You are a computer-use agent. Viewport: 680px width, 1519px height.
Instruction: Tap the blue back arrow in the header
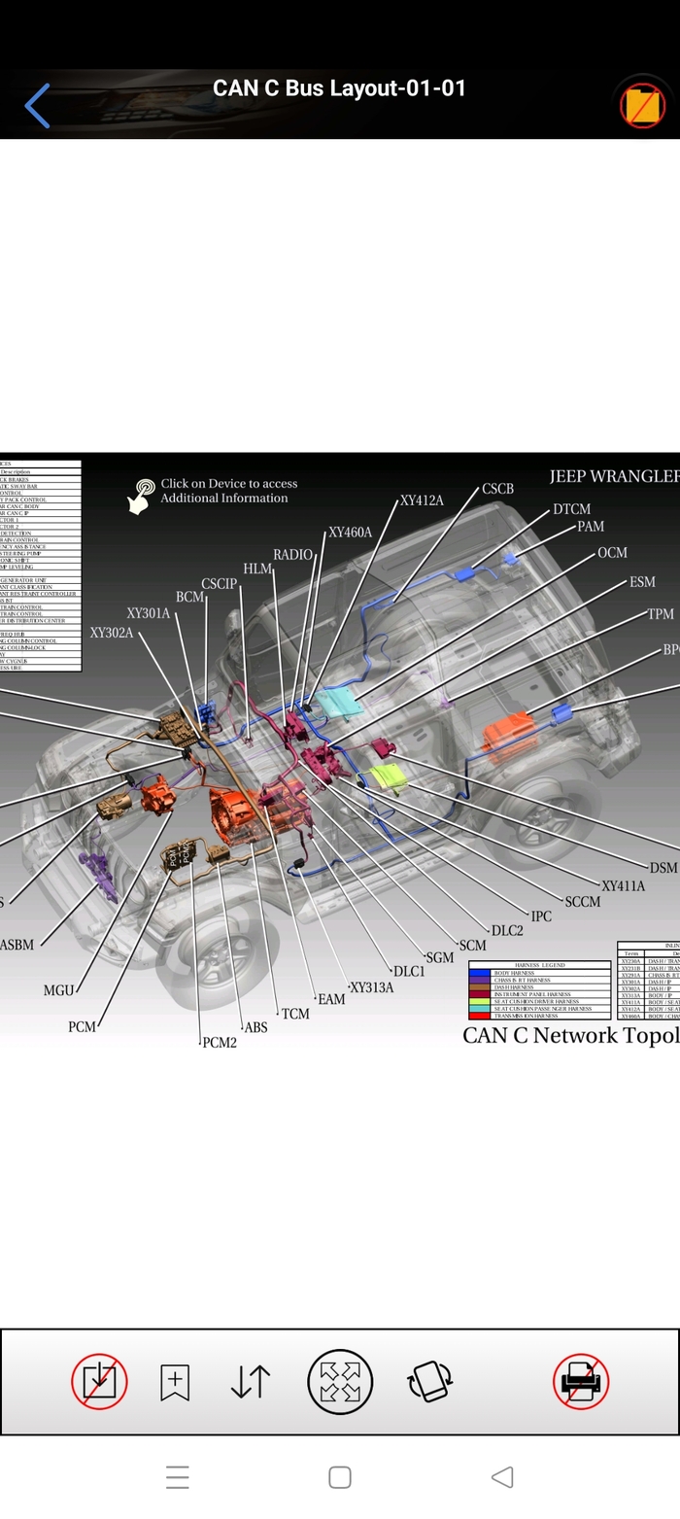[37, 106]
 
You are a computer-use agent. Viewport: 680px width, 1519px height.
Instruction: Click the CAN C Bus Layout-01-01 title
[339, 88]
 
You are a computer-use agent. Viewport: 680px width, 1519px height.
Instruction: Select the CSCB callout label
[497, 489]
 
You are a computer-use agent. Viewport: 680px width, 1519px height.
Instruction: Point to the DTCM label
[571, 509]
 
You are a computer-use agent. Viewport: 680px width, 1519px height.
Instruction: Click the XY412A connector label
[422, 501]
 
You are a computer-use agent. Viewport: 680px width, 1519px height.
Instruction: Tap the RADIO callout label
[292, 555]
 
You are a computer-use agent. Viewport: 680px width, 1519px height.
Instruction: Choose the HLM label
[257, 569]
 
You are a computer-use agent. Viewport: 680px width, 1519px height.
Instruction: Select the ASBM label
[17, 945]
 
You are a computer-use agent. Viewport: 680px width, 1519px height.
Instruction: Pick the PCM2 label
[220, 1043]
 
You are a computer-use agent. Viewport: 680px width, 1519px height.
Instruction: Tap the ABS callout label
[255, 1027]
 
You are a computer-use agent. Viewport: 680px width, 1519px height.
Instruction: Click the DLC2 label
[507, 931]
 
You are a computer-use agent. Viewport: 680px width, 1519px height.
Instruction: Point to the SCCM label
[582, 902]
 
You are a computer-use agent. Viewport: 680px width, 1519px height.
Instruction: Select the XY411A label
[623, 886]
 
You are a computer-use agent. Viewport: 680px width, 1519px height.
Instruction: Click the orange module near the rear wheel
[510, 730]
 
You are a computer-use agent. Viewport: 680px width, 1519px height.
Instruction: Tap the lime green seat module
[388, 777]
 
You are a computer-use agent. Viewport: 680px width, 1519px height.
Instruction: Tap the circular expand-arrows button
[340, 1381]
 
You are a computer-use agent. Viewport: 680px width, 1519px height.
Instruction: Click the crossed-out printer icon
[581, 1381]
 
